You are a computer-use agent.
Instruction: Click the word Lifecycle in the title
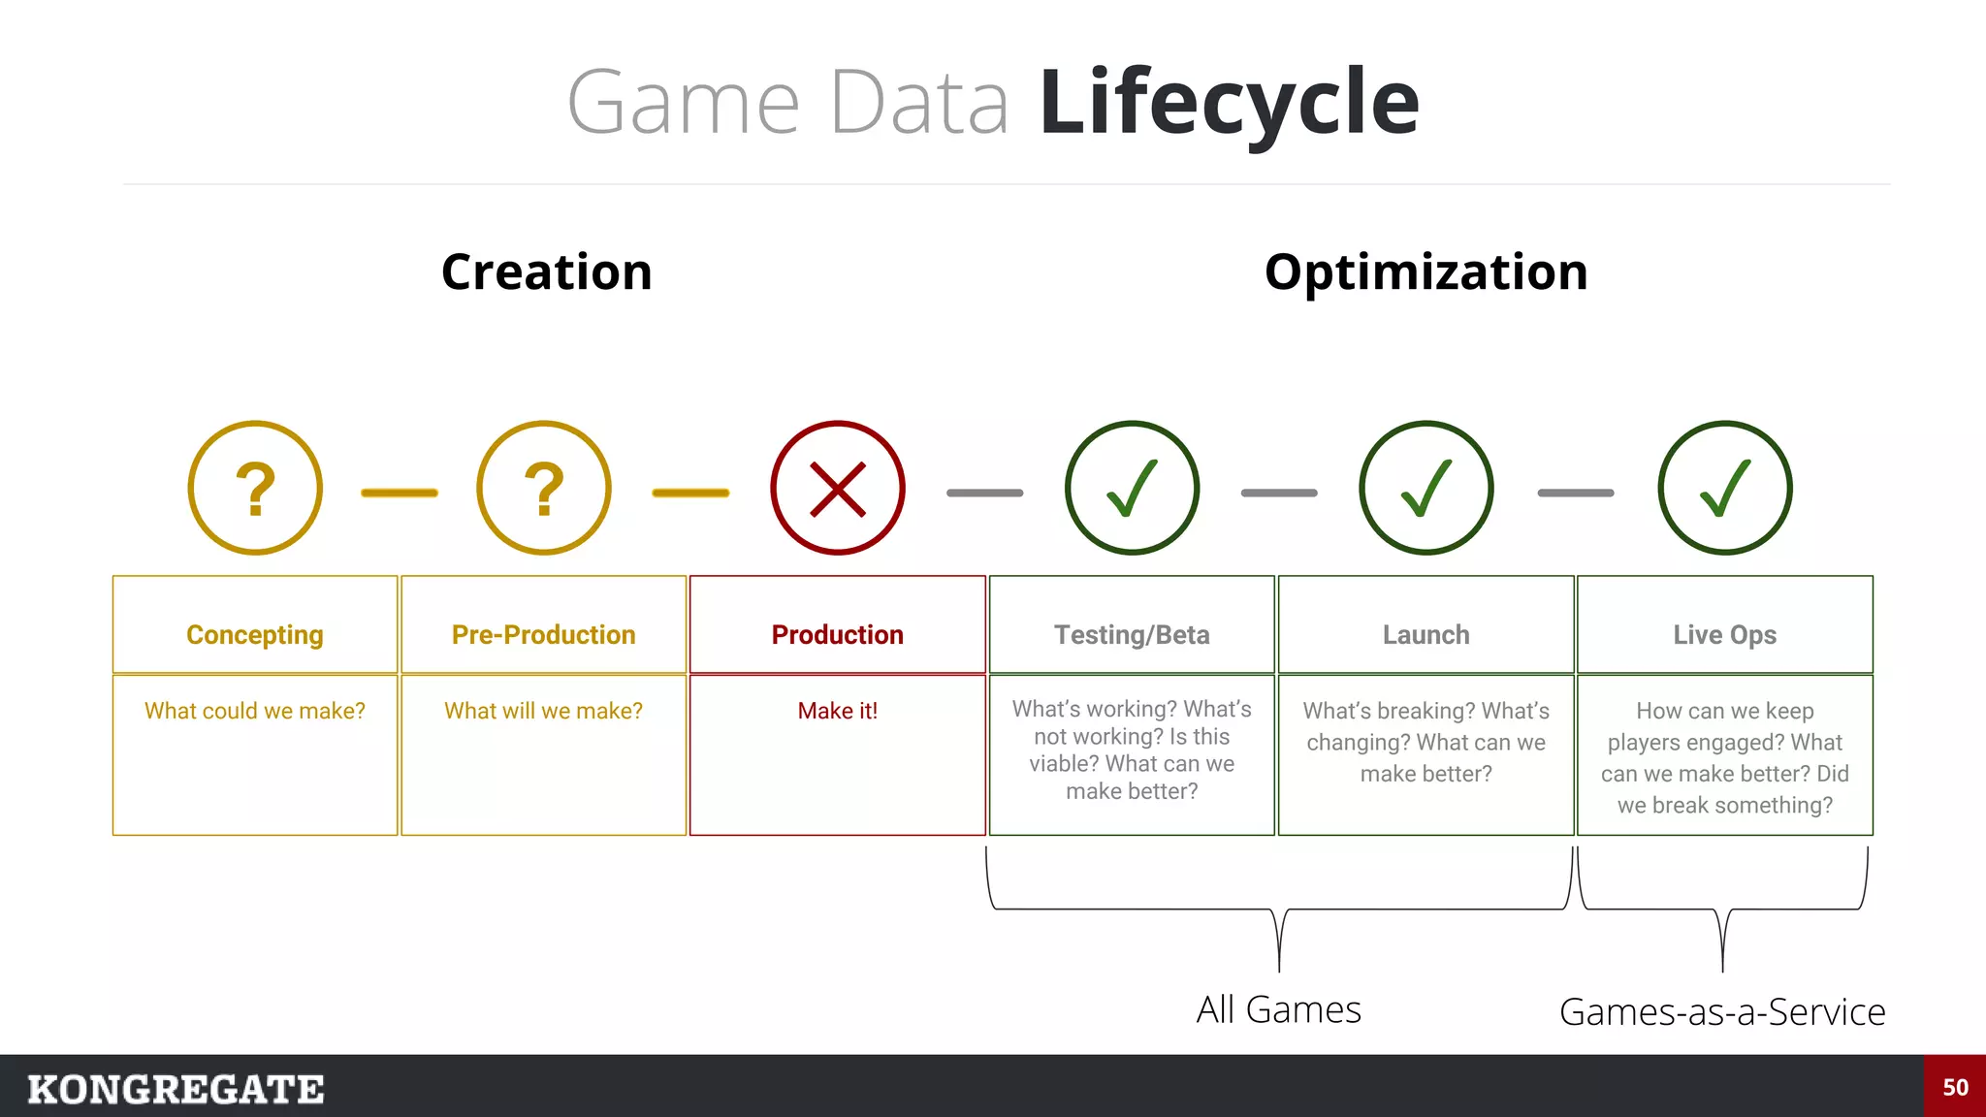[1229, 102]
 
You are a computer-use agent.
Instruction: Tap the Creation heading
[546, 271]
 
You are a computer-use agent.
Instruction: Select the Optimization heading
[1425, 271]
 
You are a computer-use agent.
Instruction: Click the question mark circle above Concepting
[255, 488]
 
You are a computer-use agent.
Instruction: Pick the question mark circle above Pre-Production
[544, 488]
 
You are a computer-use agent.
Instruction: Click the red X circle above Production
[838, 488]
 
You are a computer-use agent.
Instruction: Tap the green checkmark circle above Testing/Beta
[1132, 488]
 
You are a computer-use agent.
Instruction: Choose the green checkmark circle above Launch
[1426, 488]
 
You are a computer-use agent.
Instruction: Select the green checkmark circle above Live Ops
[1725, 488]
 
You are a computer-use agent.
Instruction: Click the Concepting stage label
[255, 634]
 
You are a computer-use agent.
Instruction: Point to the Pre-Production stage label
[544, 634]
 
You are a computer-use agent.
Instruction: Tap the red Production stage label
[838, 634]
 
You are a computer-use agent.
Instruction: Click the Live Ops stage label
[1725, 634]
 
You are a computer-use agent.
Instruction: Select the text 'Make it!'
[838, 711]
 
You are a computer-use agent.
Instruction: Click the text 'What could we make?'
[255, 711]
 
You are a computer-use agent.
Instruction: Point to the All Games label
[1278, 1009]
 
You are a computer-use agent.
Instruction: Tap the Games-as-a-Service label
[1722, 1011]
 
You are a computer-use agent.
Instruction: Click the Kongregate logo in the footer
[176, 1089]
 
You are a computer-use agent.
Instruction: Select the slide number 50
[1955, 1087]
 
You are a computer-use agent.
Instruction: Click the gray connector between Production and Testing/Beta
[984, 493]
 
